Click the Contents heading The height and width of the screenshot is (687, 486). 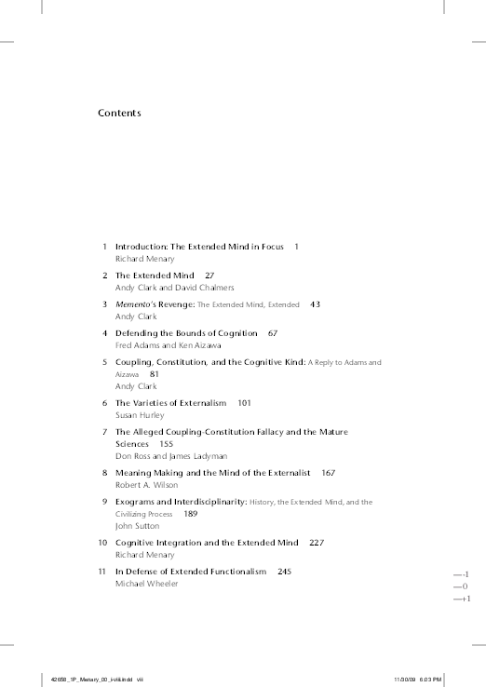tap(119, 114)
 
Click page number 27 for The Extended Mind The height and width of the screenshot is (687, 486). tap(209, 276)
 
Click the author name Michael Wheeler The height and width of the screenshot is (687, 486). tap(146, 583)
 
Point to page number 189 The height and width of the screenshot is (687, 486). tap(191, 514)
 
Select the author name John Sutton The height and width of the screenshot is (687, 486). tap(137, 526)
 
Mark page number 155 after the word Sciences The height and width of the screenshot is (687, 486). tap(166, 445)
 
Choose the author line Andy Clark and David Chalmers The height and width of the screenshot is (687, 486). tap(174, 288)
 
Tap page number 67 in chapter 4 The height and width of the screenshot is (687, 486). tap(273, 332)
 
